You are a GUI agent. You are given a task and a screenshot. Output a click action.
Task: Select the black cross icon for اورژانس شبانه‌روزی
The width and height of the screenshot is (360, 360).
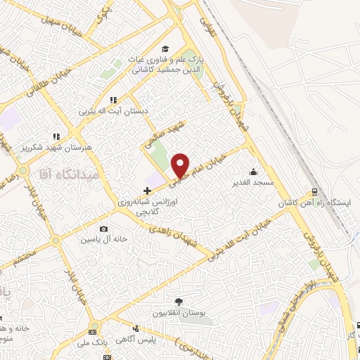tap(146, 191)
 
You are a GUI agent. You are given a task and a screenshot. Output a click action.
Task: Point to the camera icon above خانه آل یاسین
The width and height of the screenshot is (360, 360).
tap(104, 229)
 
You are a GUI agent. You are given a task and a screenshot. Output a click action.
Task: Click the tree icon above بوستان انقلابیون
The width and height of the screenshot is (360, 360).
tap(178, 301)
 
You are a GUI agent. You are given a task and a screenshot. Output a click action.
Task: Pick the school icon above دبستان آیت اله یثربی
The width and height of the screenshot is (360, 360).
tap(112, 101)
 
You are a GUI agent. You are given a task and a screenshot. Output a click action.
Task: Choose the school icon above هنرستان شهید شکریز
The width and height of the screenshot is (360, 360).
tap(56, 136)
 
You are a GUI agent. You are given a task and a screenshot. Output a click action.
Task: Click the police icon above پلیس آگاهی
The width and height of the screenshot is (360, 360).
tap(136, 328)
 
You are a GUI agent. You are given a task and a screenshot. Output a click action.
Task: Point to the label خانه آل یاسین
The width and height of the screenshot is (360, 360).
tap(104, 239)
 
